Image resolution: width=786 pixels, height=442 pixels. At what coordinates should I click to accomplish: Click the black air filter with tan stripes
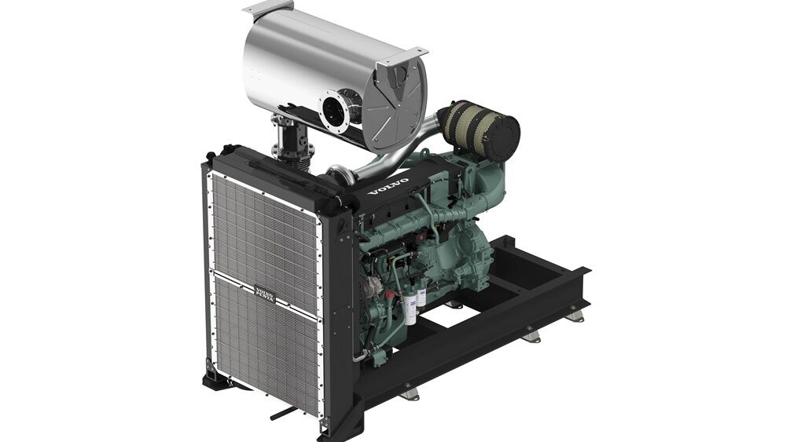(x=479, y=130)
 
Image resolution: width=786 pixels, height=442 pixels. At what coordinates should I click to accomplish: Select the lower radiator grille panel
(x=263, y=345)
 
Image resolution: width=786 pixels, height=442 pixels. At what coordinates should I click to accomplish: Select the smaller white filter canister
(x=421, y=298)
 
